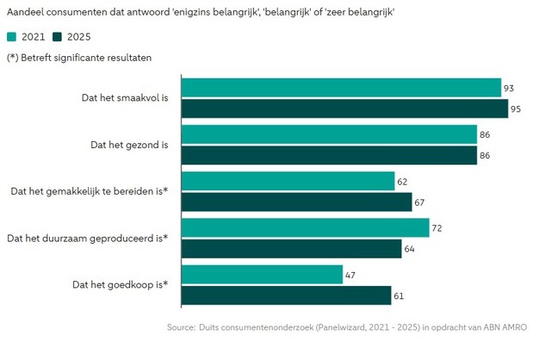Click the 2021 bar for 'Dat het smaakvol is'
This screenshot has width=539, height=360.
[341, 88]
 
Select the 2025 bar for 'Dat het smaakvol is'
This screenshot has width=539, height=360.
[344, 109]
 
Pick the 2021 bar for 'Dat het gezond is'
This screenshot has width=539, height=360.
[329, 134]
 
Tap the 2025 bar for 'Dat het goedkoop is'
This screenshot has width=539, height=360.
[286, 295]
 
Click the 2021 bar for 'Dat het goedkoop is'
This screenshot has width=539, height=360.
[262, 274]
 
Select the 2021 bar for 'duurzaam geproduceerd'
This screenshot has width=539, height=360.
[305, 227]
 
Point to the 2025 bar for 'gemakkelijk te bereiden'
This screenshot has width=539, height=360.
[296, 202]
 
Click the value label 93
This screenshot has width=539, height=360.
[509, 88]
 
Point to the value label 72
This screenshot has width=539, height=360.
[437, 227]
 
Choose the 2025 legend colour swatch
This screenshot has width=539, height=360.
[57, 37]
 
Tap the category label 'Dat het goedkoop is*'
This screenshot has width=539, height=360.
[120, 284]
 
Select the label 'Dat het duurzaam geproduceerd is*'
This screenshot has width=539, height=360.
[87, 238]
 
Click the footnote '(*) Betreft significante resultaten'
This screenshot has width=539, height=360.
[80, 57]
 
